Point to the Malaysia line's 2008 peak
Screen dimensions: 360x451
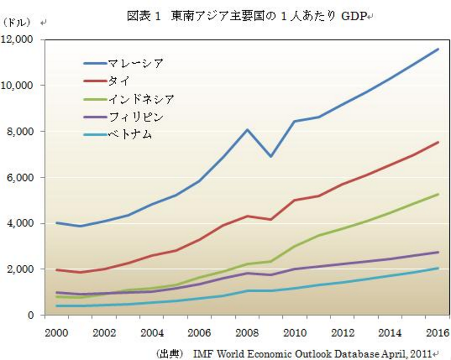(248, 129)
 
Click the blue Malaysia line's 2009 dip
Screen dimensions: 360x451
(272, 156)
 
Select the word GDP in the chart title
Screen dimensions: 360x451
(352, 16)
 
